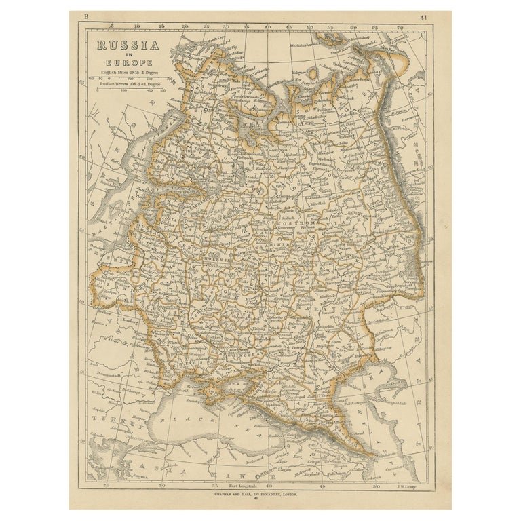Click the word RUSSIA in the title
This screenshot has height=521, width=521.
pos(128,46)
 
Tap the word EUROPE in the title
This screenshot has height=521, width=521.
pos(128,62)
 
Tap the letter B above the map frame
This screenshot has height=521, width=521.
pos(84,16)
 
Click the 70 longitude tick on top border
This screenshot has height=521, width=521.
pos(400,28)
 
